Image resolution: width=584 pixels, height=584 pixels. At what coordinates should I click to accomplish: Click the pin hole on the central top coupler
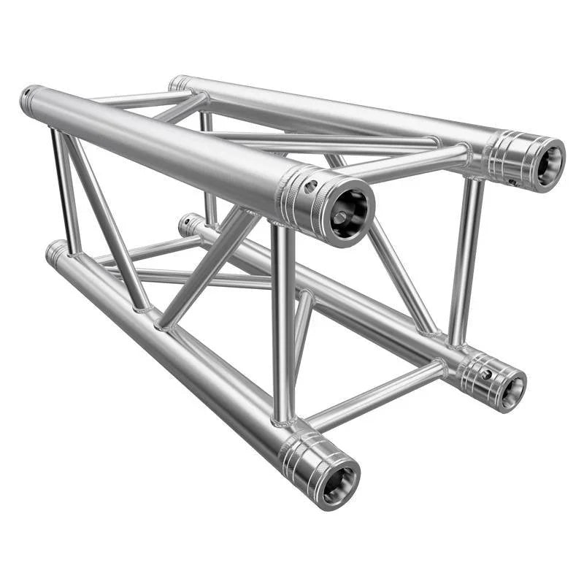[311, 187]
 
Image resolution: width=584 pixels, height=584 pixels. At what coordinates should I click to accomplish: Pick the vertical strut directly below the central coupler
[283, 321]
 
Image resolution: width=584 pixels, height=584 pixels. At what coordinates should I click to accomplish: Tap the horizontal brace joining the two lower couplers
[376, 394]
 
